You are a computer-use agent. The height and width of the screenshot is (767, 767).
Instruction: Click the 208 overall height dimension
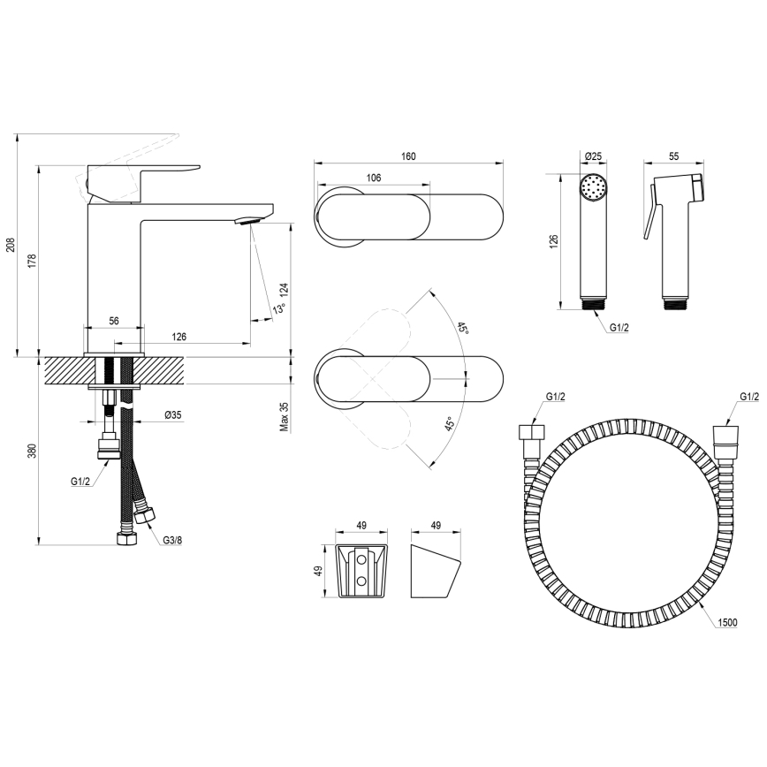10,244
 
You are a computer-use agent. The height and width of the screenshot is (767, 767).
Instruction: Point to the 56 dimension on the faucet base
114,322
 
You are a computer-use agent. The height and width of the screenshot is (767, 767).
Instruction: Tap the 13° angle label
278,309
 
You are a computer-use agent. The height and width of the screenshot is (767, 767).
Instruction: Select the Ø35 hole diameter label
173,415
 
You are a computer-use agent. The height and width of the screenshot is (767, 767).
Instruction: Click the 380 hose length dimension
32,451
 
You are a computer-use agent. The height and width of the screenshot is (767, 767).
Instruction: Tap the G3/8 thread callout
171,540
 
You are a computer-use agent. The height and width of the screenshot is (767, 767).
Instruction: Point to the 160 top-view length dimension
408,156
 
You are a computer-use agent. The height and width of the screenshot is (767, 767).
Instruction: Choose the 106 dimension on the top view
373,178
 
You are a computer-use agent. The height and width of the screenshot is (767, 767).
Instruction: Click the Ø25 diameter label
593,156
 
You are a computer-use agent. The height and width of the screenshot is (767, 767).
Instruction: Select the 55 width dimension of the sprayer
673,156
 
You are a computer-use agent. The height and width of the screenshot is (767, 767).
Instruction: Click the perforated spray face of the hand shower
592,188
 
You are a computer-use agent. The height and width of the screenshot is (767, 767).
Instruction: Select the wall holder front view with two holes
361,573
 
